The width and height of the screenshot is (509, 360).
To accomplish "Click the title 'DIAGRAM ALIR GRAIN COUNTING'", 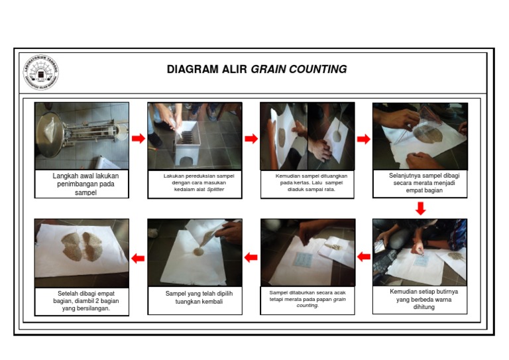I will pos(256,70).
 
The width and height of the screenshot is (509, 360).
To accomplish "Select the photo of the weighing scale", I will pos(82,136).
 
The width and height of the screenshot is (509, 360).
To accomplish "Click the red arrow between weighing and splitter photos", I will pos(138,139).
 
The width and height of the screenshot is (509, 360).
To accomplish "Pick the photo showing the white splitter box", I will pos(194,136).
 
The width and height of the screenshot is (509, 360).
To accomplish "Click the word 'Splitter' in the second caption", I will pos(215,189).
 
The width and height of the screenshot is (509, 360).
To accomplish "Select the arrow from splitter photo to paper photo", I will pos(251,139).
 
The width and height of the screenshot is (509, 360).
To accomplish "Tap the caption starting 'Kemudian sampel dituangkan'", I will pos(308,182).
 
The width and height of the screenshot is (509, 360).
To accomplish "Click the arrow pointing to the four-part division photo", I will pos(363,139).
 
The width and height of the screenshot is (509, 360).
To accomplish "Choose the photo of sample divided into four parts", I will pos(420,136).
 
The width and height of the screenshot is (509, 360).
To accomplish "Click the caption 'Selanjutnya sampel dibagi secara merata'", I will pos(420,183).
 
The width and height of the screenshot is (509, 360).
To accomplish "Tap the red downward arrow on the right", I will pos(420,208).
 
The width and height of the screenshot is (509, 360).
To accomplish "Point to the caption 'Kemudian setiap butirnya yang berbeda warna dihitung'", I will pos(420,299).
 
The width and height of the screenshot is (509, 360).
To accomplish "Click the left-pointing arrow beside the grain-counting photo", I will pos(364,257).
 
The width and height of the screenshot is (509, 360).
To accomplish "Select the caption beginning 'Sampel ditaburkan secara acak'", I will pos(308,299).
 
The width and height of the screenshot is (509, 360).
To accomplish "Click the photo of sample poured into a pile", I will pos(194,252).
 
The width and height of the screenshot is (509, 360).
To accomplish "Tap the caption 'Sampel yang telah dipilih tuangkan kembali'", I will pos(194,297).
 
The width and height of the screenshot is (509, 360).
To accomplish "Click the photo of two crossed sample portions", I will pos(82,252).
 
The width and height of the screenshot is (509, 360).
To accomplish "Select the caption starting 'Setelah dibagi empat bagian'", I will pos(82,300).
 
